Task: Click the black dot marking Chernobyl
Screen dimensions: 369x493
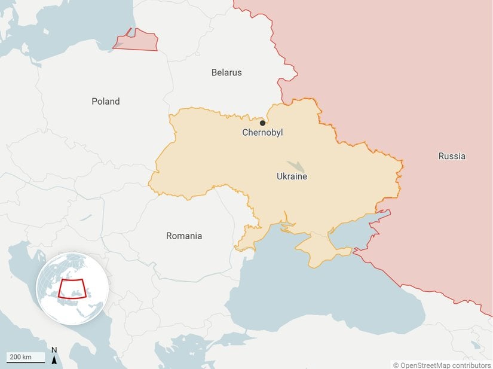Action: point(262,123)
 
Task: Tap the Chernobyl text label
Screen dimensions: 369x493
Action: point(262,133)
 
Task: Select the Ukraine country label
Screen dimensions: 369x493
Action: point(292,176)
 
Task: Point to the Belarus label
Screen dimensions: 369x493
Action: point(226,72)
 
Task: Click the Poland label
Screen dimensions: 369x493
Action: point(106,102)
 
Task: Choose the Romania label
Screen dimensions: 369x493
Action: point(184,236)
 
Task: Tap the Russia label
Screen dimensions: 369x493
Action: point(451,156)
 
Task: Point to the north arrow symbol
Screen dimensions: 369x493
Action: point(54,360)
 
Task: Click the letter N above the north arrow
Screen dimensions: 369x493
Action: point(54,350)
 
